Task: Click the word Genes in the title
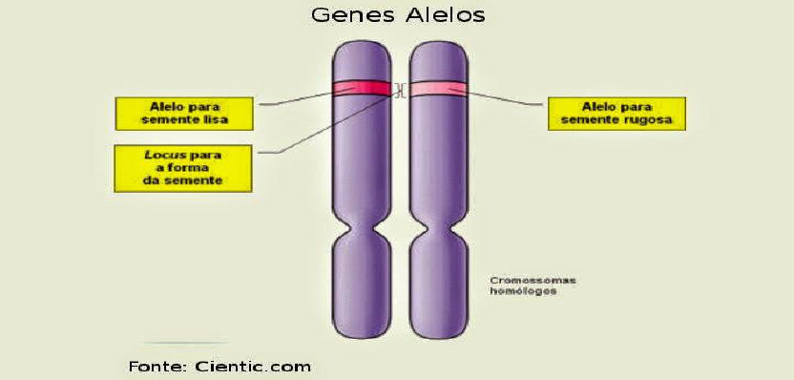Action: point(353,14)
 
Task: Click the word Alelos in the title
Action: point(445,14)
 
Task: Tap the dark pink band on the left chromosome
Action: point(362,88)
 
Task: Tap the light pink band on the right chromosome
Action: point(438,89)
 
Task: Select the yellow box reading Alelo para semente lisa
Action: point(184,114)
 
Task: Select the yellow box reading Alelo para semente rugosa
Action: point(616,114)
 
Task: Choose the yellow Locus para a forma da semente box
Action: point(183,168)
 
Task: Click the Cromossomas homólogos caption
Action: point(533,285)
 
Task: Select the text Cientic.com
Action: point(253,366)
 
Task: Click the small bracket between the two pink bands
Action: point(401,90)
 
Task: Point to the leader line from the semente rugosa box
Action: point(506,98)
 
